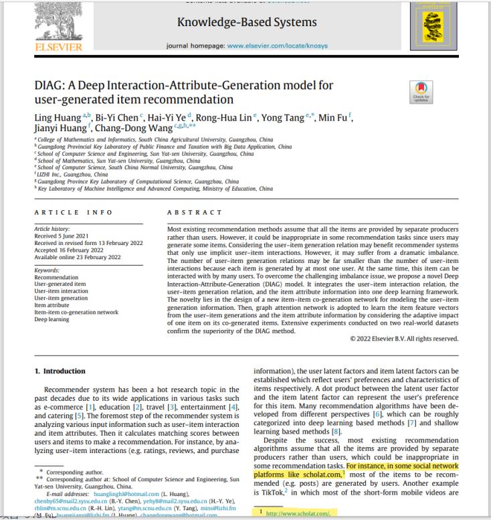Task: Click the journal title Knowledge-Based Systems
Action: pos(247,23)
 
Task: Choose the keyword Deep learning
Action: pos(53,319)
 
